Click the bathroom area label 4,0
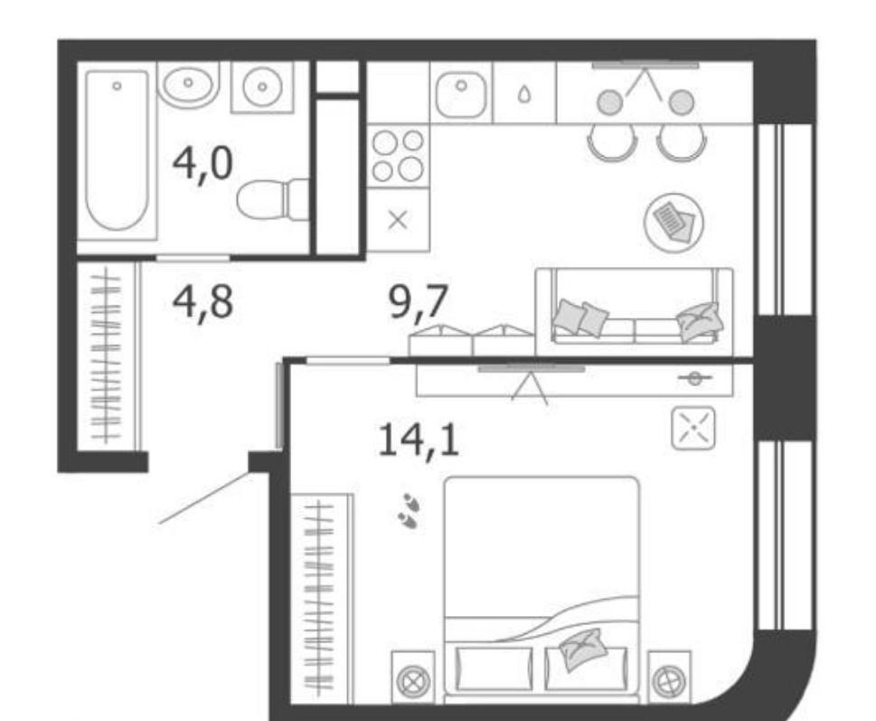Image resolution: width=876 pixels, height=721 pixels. click(203, 165)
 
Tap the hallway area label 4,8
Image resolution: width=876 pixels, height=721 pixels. click(203, 303)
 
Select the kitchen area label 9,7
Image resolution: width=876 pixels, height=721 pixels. click(419, 303)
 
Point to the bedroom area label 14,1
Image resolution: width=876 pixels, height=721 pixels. click(419, 441)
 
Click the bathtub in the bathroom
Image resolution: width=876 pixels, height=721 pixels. click(117, 150)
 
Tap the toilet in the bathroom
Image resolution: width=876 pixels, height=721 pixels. click(273, 200)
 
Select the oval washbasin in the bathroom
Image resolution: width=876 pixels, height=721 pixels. click(188, 83)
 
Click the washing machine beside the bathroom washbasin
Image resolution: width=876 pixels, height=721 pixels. click(262, 87)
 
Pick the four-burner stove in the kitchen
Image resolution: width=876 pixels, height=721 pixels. click(398, 156)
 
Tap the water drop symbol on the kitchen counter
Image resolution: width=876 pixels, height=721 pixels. click(523, 94)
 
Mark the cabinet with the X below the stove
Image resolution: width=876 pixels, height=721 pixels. click(398, 220)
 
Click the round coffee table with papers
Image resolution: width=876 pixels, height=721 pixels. click(673, 223)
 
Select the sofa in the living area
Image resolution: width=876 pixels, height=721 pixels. click(634, 311)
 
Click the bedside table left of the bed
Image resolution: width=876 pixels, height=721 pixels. click(413, 678)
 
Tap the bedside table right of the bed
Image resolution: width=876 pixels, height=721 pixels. click(669, 678)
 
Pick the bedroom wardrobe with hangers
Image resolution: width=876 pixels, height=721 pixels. click(321, 598)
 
